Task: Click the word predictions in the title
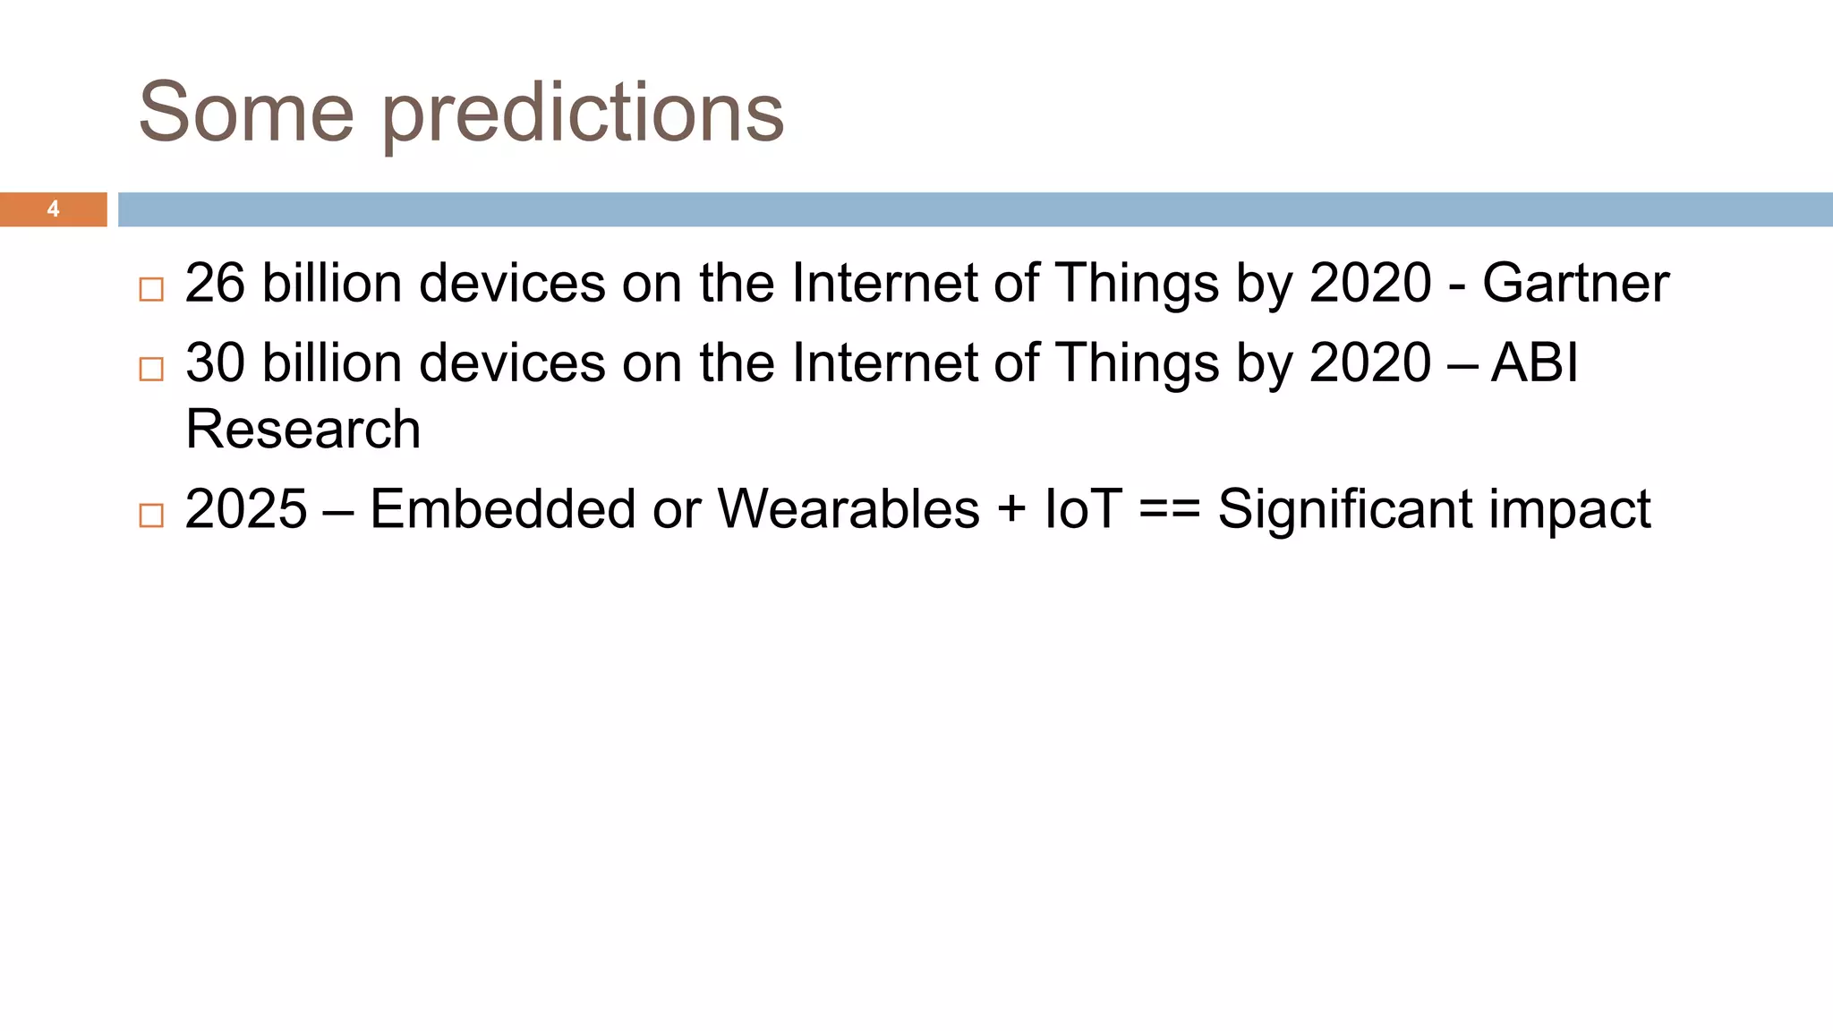584,115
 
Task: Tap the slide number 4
53,209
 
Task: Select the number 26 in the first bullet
215,284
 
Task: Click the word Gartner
1575,284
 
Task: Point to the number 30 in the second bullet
215,363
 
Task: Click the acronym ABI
1534,363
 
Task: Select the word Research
303,429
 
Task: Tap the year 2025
246,509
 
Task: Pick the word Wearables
848,509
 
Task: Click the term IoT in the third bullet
1082,509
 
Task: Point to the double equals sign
1170,511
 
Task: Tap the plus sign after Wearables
1011,511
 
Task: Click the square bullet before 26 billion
151,289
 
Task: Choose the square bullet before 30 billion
151,369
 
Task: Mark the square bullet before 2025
151,515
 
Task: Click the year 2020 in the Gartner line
1370,284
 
